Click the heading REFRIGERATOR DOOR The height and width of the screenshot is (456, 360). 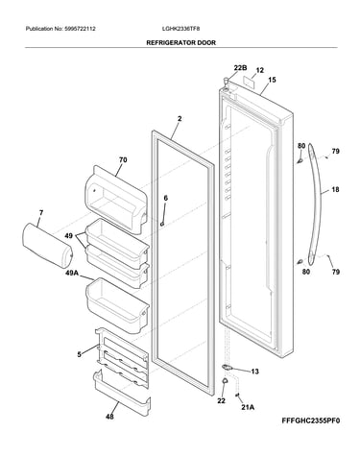point(180,42)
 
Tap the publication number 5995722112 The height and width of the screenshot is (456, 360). point(80,29)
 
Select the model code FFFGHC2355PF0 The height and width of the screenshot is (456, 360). point(311,420)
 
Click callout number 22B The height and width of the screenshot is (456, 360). point(240,68)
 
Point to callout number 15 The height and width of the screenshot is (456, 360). point(272,80)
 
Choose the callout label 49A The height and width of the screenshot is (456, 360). point(72,273)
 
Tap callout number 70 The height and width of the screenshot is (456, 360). point(123,159)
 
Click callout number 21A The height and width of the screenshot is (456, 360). point(248,407)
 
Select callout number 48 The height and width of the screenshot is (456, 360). point(109,417)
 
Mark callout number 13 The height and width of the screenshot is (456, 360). point(254,372)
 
